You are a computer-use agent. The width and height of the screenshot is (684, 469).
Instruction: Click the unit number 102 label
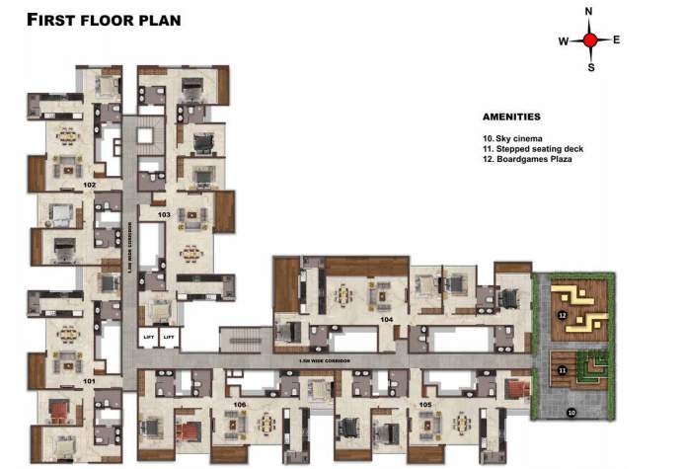point(89,185)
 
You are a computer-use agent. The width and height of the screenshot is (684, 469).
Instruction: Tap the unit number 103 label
point(164,214)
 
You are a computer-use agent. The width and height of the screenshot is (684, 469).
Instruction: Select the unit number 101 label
point(89,380)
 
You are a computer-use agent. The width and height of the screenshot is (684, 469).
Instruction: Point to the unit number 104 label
point(387,320)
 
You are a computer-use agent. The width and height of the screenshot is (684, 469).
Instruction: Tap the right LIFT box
point(169,338)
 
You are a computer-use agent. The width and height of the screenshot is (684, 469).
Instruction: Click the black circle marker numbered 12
point(561,315)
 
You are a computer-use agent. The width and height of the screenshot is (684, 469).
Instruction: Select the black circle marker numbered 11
point(561,370)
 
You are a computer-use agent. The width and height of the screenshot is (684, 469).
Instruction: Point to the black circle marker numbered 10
point(570,412)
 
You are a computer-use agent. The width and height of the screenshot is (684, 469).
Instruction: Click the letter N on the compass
point(589,12)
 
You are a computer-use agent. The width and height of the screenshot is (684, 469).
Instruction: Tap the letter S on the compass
point(590,68)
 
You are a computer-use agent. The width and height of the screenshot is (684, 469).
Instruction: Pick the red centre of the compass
point(590,40)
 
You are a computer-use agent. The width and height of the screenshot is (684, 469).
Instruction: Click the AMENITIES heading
point(511,117)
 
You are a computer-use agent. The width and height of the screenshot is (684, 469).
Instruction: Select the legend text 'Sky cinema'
point(512,139)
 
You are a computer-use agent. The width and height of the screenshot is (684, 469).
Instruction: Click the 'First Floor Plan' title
point(104,19)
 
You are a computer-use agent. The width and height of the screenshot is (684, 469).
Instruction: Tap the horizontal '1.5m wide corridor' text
point(322,360)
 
